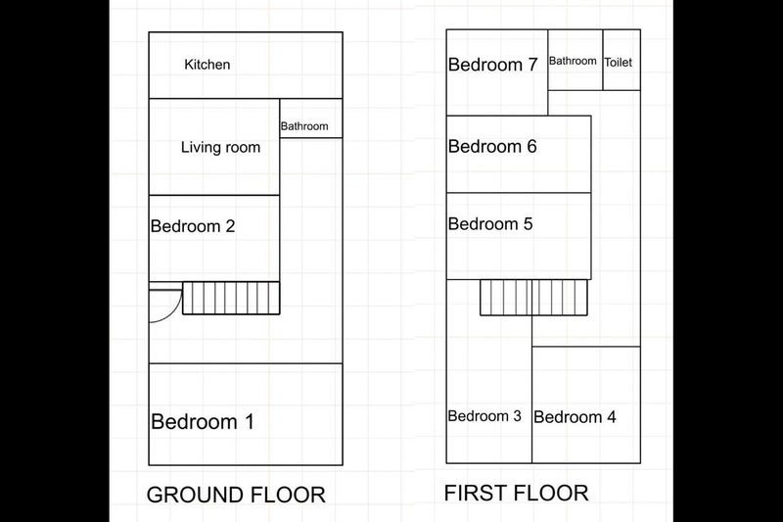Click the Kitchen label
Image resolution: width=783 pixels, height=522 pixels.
point(207,65)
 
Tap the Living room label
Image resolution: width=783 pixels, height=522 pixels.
point(221,147)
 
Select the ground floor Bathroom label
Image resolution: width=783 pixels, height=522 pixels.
point(304,126)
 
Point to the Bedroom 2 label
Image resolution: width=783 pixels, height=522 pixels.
point(193,226)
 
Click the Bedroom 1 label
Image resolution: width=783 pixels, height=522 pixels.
point(203,421)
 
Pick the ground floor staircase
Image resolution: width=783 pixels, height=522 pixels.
point(231,298)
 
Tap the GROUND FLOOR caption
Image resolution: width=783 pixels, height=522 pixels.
point(236,495)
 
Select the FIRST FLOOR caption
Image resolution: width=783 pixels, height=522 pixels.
point(517,493)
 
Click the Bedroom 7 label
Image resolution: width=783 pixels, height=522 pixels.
point(493,65)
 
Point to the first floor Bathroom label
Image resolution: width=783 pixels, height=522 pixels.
point(573,61)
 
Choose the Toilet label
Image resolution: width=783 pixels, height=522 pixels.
point(619,63)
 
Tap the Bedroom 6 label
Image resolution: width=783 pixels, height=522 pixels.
point(492,146)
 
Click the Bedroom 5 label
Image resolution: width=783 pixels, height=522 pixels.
point(490,224)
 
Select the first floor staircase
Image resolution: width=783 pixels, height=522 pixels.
point(533,297)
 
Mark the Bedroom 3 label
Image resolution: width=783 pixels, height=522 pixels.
point(484,416)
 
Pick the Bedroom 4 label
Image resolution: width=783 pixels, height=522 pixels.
point(575,417)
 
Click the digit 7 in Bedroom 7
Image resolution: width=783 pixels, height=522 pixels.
point(532,65)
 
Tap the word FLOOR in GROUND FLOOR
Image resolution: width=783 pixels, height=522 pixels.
point(288,495)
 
